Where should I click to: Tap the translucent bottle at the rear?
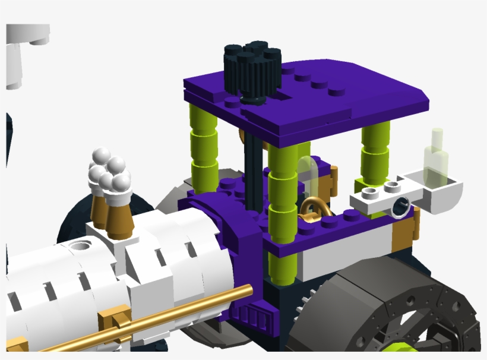[435, 156]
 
